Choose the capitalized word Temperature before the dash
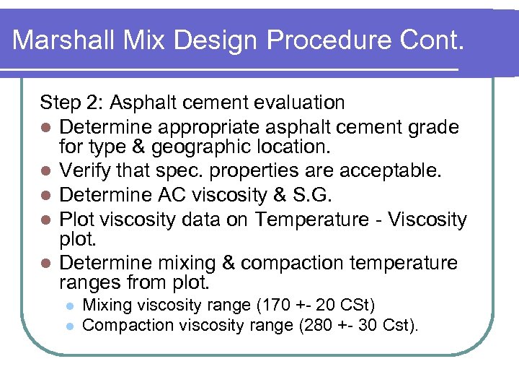(x=321, y=219)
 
